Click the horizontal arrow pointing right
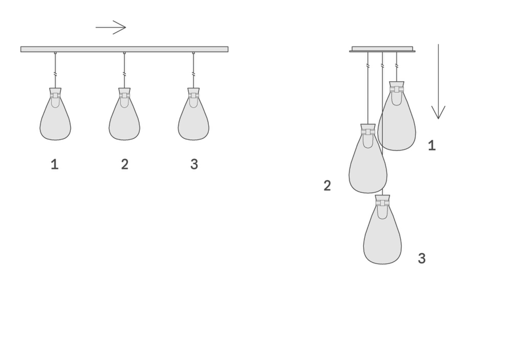(x=111, y=27)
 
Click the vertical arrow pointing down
(x=438, y=81)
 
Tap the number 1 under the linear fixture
(x=55, y=164)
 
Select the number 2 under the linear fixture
(x=125, y=164)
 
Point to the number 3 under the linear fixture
(x=194, y=164)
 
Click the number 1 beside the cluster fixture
(x=432, y=145)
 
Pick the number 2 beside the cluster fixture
(x=327, y=186)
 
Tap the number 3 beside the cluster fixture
(x=422, y=258)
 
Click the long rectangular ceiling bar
(x=124, y=49)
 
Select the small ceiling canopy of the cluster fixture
(x=382, y=49)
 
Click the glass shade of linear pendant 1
(x=55, y=119)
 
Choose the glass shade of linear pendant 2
(x=124, y=119)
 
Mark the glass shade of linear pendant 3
(x=194, y=119)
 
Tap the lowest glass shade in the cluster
(x=383, y=236)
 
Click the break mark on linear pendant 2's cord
(x=124, y=74)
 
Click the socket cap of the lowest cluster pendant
(x=383, y=198)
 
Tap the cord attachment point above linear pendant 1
(x=55, y=53)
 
